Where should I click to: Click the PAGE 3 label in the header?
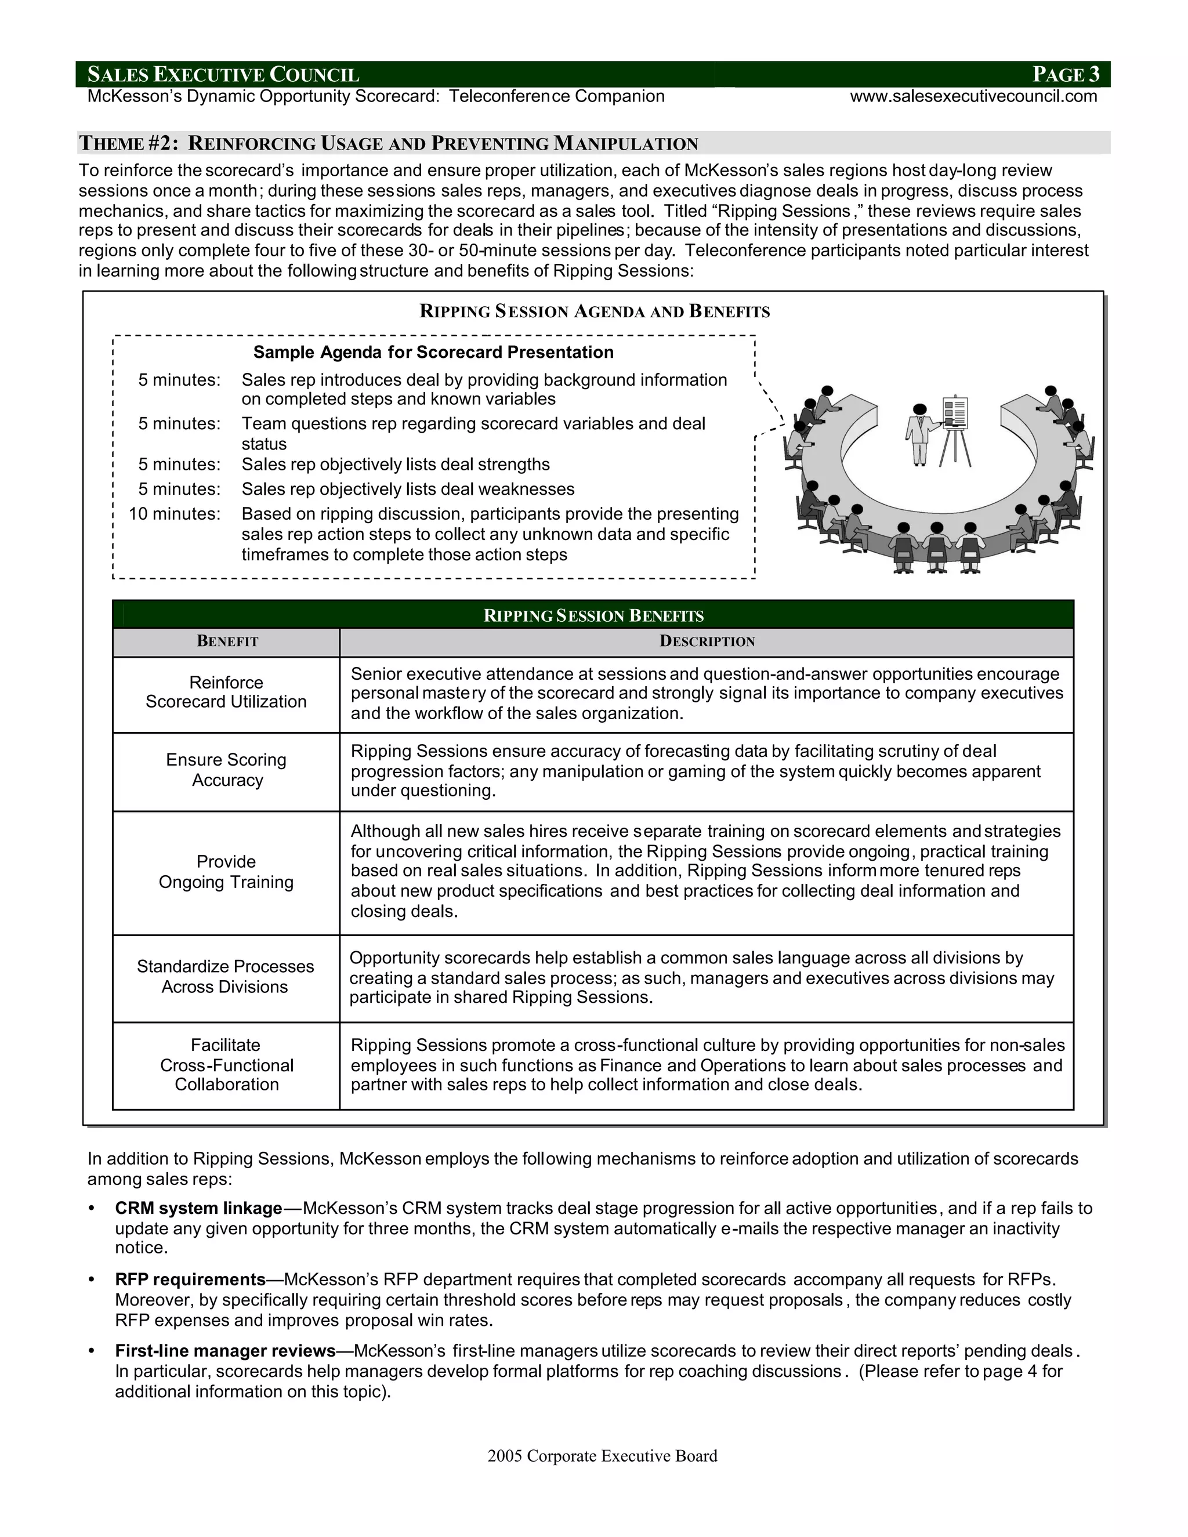point(1066,74)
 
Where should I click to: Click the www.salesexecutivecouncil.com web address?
point(973,96)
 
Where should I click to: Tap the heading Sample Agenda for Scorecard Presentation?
point(433,352)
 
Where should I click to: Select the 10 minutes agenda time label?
point(175,514)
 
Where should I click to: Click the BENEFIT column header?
point(227,641)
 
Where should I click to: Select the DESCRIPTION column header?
point(707,641)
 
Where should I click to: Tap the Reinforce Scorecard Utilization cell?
point(226,693)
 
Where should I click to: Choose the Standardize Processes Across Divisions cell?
point(225,976)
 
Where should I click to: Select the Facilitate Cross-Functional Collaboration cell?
point(226,1065)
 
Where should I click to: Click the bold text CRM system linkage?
point(198,1208)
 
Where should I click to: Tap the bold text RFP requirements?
point(190,1279)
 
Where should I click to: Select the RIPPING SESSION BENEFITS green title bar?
point(593,615)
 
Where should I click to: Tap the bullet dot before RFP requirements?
point(91,1279)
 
